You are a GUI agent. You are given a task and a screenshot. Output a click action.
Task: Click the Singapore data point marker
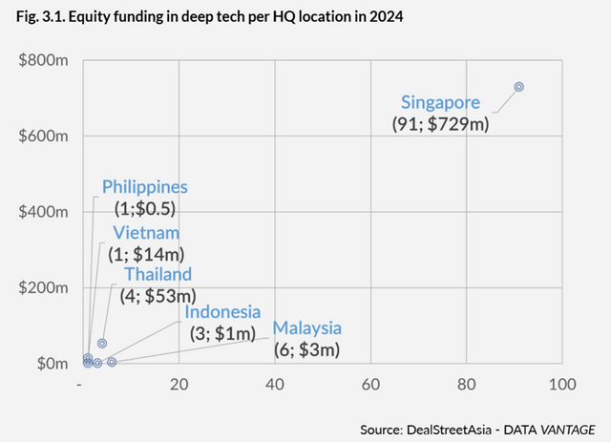[x=519, y=87]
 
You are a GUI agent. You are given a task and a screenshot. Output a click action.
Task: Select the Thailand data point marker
[x=102, y=344]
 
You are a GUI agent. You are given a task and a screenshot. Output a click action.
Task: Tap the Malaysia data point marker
[x=112, y=362]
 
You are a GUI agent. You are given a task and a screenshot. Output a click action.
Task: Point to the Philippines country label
[x=145, y=187]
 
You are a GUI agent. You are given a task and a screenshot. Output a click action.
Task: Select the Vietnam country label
[x=146, y=232]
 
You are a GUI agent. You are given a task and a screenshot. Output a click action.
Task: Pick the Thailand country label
[x=158, y=274]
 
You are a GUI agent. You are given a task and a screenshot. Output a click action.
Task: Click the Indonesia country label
[x=222, y=312]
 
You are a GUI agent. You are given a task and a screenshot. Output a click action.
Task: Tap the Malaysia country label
[x=307, y=328]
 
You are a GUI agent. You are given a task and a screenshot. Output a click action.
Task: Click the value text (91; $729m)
[x=440, y=124]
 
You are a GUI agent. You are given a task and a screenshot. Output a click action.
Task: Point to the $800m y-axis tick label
[x=41, y=60]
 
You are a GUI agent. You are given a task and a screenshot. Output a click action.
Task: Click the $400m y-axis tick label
[x=41, y=212]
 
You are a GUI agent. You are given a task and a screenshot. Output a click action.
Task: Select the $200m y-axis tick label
[x=41, y=288]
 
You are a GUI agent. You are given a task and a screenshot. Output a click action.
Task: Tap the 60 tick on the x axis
[x=370, y=384]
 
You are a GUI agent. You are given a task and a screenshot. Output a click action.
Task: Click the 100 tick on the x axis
[x=561, y=384]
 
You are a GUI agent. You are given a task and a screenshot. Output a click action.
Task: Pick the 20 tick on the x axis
[x=179, y=384]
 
